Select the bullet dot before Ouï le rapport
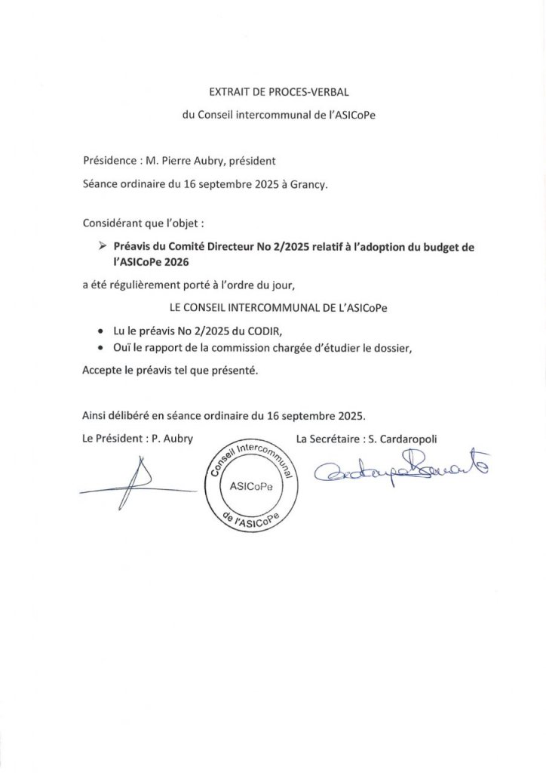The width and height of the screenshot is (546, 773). [x=102, y=347]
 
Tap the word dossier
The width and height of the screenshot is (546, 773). [x=389, y=347]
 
